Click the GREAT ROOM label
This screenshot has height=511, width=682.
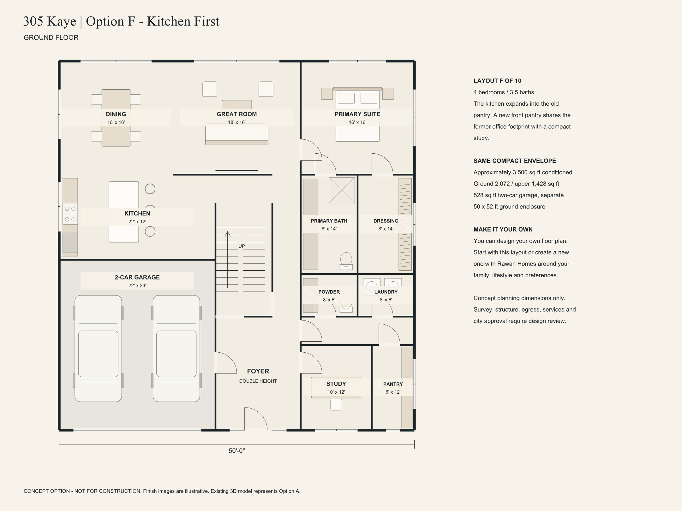[x=236, y=114]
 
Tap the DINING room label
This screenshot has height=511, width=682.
[x=116, y=114]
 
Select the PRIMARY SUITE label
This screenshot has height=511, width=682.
[x=357, y=114]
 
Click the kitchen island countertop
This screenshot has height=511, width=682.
[x=124, y=212]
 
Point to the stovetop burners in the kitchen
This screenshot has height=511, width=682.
[x=70, y=214]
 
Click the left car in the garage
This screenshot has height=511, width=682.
[x=98, y=349]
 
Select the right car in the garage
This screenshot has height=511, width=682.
[x=176, y=349]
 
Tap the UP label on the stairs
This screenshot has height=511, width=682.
[x=242, y=246]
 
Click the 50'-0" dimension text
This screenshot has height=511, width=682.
[x=237, y=451]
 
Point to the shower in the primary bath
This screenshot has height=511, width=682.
[x=342, y=190]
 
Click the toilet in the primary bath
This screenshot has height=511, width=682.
[x=346, y=261]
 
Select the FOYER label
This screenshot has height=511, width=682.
[x=258, y=371]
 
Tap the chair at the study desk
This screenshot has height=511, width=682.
[x=336, y=405]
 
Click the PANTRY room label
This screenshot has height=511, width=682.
[x=393, y=384]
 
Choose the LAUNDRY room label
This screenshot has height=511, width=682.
[x=386, y=292]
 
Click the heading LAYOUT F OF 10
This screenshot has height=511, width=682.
[x=497, y=81]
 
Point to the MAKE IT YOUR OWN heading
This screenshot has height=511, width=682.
[x=503, y=230]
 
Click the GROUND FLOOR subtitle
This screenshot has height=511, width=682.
[x=51, y=38]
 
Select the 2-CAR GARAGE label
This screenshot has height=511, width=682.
[x=137, y=278]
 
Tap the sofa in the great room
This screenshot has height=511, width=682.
[x=237, y=134]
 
